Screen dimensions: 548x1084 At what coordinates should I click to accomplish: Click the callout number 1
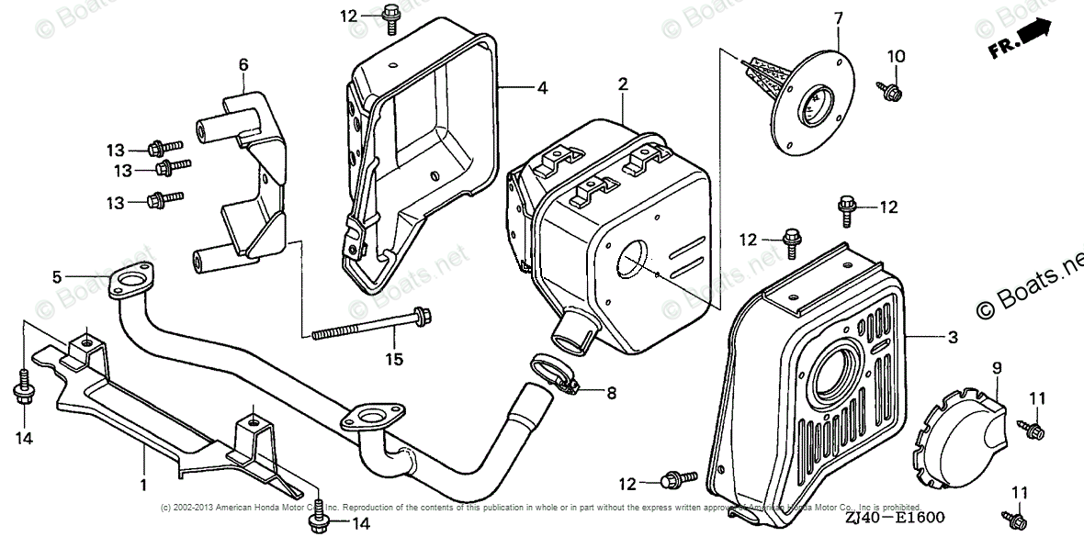point(143,483)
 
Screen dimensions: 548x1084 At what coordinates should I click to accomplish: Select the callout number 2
point(623,84)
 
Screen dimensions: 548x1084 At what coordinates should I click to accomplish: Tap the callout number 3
point(953,338)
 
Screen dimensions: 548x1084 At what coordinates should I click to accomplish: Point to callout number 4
point(542,88)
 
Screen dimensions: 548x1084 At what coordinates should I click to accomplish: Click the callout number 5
point(57,276)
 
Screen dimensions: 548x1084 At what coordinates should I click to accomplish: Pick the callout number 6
point(243,64)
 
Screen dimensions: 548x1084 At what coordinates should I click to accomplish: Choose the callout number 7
point(838,17)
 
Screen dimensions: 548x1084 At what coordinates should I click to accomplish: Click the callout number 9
point(997,368)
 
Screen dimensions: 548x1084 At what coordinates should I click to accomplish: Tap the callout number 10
point(896,56)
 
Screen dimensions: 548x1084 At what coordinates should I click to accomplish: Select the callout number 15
point(394,359)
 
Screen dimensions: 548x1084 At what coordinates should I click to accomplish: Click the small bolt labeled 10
point(890,90)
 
